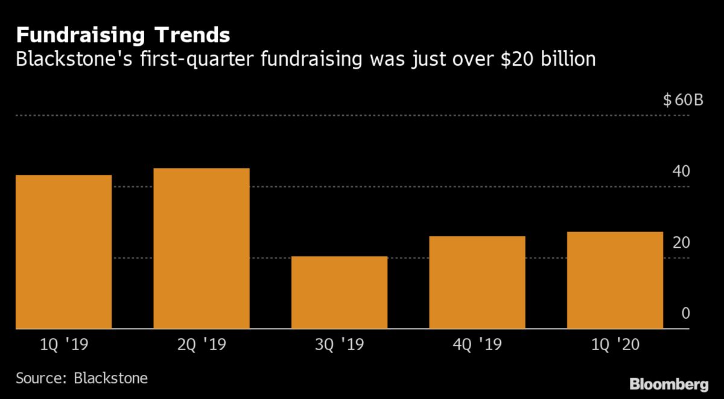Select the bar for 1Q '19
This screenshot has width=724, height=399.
(63, 252)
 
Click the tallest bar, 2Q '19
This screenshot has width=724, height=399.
(202, 248)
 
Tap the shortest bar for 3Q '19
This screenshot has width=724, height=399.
(339, 292)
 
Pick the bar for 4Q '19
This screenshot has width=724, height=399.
(477, 283)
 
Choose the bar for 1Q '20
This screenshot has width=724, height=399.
(615, 280)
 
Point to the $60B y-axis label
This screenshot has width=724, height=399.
(683, 100)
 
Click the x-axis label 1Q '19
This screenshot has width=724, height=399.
(63, 346)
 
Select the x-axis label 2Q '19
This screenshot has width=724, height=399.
(202, 346)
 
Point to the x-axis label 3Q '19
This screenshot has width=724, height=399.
(339, 346)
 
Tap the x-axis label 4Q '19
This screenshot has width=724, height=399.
(477, 346)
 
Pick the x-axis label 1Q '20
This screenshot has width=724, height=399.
(615, 346)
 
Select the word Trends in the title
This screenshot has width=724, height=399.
(192, 35)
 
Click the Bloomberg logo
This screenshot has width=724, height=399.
(668, 384)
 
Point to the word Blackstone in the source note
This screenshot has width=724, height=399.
(110, 379)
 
